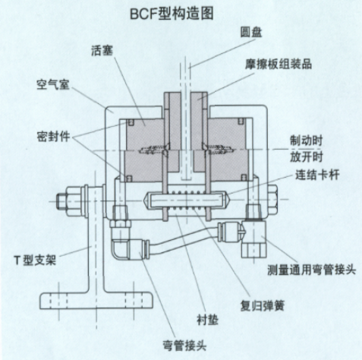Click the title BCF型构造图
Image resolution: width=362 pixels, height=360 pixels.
[x=172, y=14]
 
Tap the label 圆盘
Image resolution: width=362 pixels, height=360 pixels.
[x=251, y=33]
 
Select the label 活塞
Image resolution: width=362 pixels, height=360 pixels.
[x=102, y=50]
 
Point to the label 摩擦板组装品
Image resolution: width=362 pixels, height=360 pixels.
[x=279, y=65]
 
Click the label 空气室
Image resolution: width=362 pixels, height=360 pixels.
[x=53, y=84]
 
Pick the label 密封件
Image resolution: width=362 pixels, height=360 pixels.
[x=53, y=137]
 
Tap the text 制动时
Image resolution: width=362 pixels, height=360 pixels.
[x=306, y=141]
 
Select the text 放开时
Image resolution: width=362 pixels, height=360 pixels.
[x=306, y=156]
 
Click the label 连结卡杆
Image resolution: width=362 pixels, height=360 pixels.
[x=317, y=175]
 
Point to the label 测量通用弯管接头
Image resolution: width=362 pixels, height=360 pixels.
[x=312, y=270]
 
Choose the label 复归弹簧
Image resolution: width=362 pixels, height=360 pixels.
[x=263, y=305]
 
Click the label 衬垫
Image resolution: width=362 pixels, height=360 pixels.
[x=207, y=320]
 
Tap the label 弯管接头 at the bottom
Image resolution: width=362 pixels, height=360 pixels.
[x=184, y=346]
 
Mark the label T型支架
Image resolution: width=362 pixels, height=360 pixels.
[x=35, y=260]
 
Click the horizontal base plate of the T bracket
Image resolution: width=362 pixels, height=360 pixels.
[x=96, y=301]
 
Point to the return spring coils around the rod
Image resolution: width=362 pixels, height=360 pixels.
[x=186, y=201]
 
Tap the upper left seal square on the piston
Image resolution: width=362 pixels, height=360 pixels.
[x=130, y=122]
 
